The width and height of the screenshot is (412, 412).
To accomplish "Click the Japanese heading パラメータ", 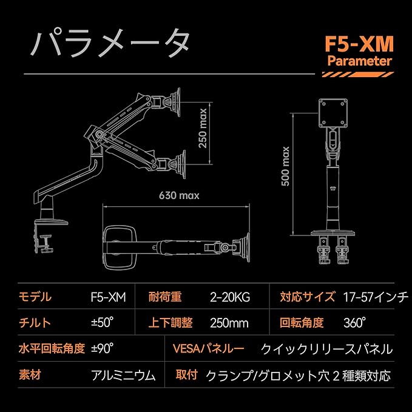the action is click(x=110, y=44).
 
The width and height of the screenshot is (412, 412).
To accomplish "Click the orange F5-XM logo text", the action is click(x=359, y=44).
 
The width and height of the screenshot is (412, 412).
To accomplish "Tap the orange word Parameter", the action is click(x=359, y=61).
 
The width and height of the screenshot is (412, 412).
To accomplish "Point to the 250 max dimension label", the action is click(x=203, y=128).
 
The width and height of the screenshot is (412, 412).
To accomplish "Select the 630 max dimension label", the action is click(x=179, y=195).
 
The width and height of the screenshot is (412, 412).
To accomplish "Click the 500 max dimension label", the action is click(x=285, y=166).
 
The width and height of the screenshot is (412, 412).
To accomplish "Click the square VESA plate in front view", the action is click(x=333, y=113).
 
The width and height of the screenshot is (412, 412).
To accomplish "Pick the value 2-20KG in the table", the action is click(x=230, y=297).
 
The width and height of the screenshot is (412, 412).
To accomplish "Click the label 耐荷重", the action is click(x=165, y=297).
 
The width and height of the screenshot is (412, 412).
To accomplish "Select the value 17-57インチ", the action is click(x=376, y=297).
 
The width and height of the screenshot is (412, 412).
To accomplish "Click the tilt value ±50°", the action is click(x=103, y=322).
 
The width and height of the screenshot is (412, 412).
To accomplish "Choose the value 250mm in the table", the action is click(x=229, y=323).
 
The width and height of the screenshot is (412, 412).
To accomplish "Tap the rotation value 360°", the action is click(x=354, y=322).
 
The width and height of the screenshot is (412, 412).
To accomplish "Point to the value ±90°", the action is click(x=103, y=348).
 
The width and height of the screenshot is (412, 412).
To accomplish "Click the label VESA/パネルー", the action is click(x=209, y=349).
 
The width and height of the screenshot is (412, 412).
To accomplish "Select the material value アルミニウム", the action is click(x=123, y=375).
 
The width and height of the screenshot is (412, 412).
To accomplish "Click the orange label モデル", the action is click(x=35, y=297).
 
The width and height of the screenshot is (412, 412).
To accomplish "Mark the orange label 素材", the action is click(x=30, y=375).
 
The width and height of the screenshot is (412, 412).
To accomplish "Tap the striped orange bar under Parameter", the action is click(x=358, y=75).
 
